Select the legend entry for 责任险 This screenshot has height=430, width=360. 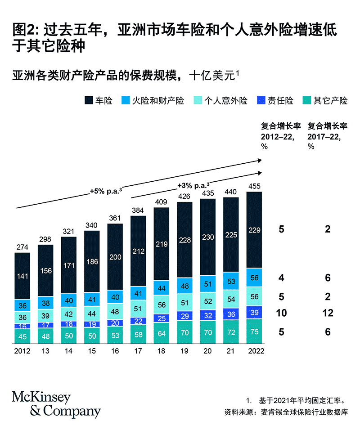274,100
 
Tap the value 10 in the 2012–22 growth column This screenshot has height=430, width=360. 281,313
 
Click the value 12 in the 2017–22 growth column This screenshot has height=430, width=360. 328,313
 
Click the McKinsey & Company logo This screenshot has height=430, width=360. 56,404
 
